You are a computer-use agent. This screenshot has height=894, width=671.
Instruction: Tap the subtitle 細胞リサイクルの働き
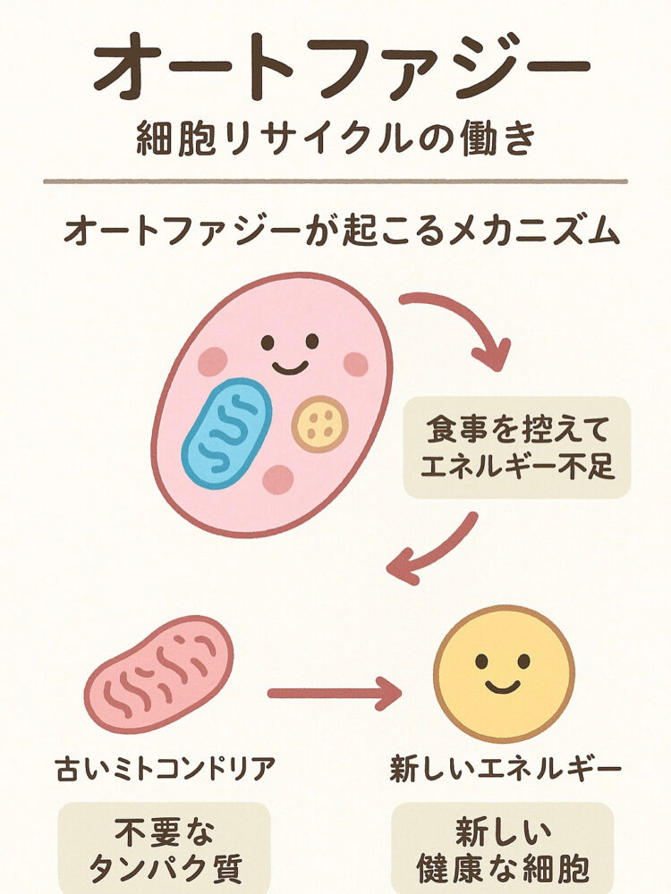click(x=335, y=139)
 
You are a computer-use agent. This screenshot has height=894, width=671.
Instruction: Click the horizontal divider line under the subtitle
click(x=335, y=181)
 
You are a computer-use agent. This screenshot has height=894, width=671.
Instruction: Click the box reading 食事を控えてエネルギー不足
click(x=517, y=447)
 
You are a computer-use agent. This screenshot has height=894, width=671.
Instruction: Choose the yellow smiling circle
click(x=504, y=673)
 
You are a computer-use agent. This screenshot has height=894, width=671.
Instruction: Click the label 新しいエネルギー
click(x=505, y=769)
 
